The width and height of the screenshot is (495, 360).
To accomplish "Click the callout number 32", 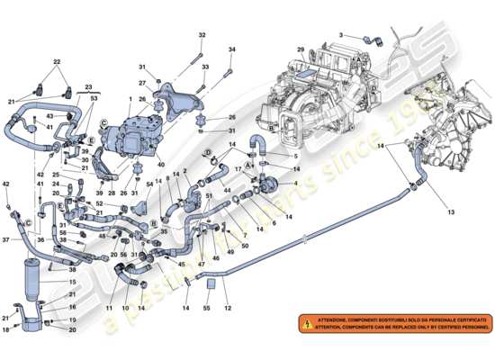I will point(202,35).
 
